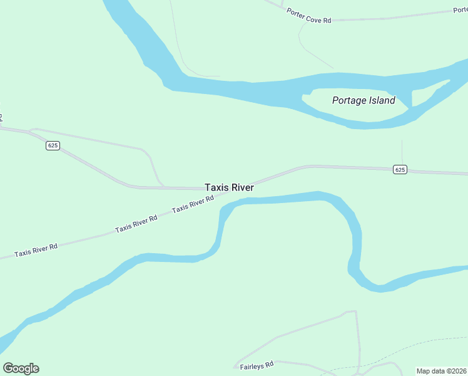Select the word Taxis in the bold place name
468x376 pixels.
coord(216,187)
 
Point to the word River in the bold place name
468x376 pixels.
coord(242,187)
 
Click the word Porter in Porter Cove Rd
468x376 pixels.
coord(297,14)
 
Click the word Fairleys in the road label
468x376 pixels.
coord(250,365)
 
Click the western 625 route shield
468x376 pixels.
coord(53,145)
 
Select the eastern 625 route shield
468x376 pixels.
coord(400,169)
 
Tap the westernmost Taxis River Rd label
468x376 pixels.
coord(36,250)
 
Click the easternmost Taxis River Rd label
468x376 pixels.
coord(193,203)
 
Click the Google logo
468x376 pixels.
coord(21,368)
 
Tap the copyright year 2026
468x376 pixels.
coord(458,371)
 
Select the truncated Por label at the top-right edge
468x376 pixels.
coord(460,11)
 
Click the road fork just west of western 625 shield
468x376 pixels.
coord(31,131)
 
